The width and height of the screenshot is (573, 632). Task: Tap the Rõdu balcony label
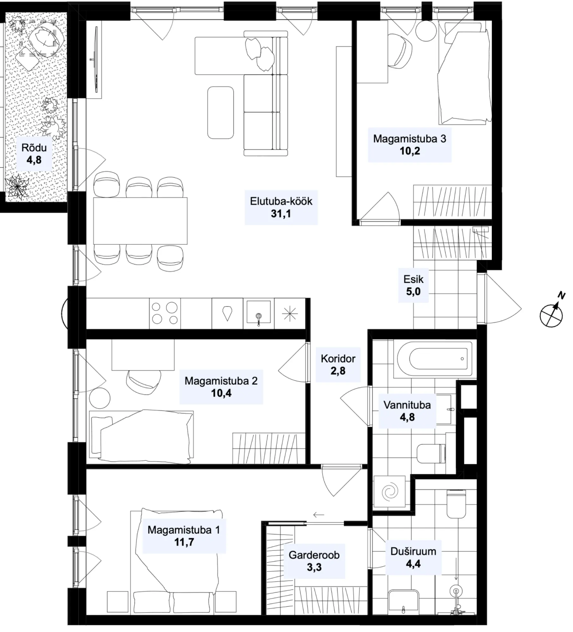pyautogui.click(x=34, y=148)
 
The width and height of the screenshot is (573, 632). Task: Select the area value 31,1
pyautogui.click(x=281, y=214)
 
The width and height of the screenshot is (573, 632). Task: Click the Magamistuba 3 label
pyautogui.click(x=410, y=139)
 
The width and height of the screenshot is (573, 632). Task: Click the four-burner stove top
pyautogui.click(x=165, y=313)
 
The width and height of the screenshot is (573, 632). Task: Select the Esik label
pyautogui.click(x=413, y=279)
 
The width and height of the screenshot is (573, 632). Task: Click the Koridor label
pyautogui.click(x=338, y=359)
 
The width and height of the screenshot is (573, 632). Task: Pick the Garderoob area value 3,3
pyautogui.click(x=314, y=567)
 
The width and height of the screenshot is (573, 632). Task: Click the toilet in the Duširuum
pyautogui.click(x=456, y=504)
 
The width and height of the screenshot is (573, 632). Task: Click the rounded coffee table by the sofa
pyautogui.click(x=220, y=112)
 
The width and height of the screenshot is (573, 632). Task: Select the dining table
pyautogui.click(x=140, y=221)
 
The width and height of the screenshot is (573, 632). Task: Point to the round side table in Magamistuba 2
pyautogui.click(x=100, y=398)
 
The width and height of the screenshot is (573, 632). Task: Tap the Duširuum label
pyautogui.click(x=413, y=551)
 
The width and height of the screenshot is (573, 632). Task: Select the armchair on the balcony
pyautogui.click(x=46, y=39)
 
